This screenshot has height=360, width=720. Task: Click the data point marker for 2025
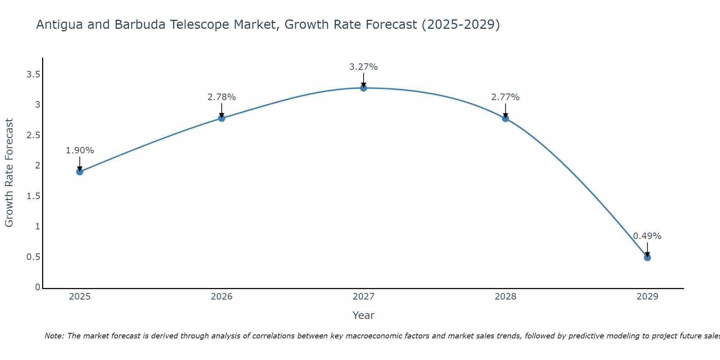(80, 172)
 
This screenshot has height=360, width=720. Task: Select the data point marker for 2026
(222, 118)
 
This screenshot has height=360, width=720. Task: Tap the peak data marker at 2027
(364, 88)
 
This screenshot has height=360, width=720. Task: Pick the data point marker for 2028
(505, 118)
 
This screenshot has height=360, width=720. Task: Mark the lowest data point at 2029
(647, 257)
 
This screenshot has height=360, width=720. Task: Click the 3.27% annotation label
(364, 67)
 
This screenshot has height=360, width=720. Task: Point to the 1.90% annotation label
(80, 150)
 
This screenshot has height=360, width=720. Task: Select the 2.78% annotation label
(222, 97)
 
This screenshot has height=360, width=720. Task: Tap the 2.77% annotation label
(505, 97)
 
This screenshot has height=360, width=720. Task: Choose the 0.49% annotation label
(647, 236)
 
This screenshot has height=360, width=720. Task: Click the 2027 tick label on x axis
(364, 297)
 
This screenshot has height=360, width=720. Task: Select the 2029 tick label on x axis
(647, 297)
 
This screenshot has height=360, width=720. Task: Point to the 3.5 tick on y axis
(33, 75)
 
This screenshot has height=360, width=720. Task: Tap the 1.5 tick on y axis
(33, 196)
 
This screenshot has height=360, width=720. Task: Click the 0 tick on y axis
(37, 287)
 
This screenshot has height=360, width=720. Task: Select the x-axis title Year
(364, 315)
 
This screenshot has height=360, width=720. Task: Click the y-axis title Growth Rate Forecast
(9, 173)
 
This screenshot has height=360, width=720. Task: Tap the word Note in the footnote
(54, 336)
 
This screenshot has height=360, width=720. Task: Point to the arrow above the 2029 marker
(647, 249)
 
